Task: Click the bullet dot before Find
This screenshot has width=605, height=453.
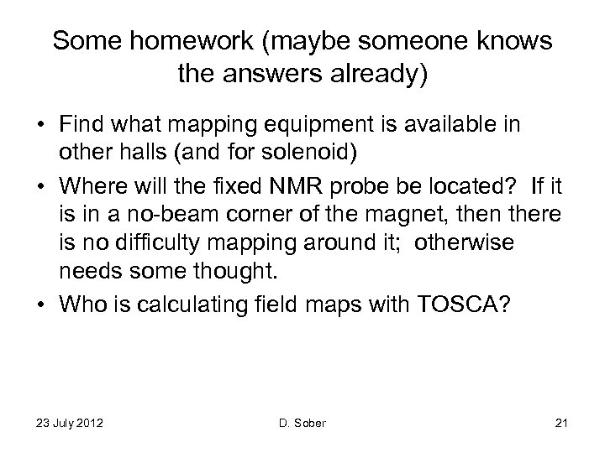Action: (39, 125)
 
